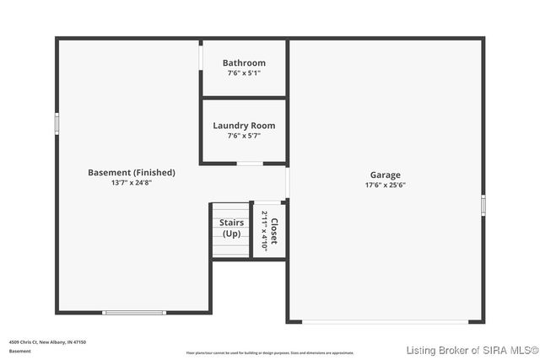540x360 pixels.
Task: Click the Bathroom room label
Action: [244, 62]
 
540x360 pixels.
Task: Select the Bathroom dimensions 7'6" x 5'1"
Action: [244, 73]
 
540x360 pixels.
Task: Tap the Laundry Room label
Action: [244, 126]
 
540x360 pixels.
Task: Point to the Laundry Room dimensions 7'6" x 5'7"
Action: [244, 136]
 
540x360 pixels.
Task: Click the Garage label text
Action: [385, 175]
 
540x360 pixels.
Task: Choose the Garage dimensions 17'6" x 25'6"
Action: [385, 185]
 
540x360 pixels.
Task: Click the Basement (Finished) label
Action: [132, 172]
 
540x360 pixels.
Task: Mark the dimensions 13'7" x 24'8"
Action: [132, 182]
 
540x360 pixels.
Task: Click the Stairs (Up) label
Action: [232, 228]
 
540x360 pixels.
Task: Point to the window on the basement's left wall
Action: [57, 123]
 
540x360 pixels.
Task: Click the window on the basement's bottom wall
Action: [134, 313]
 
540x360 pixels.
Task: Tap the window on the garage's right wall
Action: [483, 204]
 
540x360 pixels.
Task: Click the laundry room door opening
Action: [249, 163]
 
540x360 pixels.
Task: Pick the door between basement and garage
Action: [288, 182]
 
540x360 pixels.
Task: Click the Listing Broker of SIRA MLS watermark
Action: [472, 350]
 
